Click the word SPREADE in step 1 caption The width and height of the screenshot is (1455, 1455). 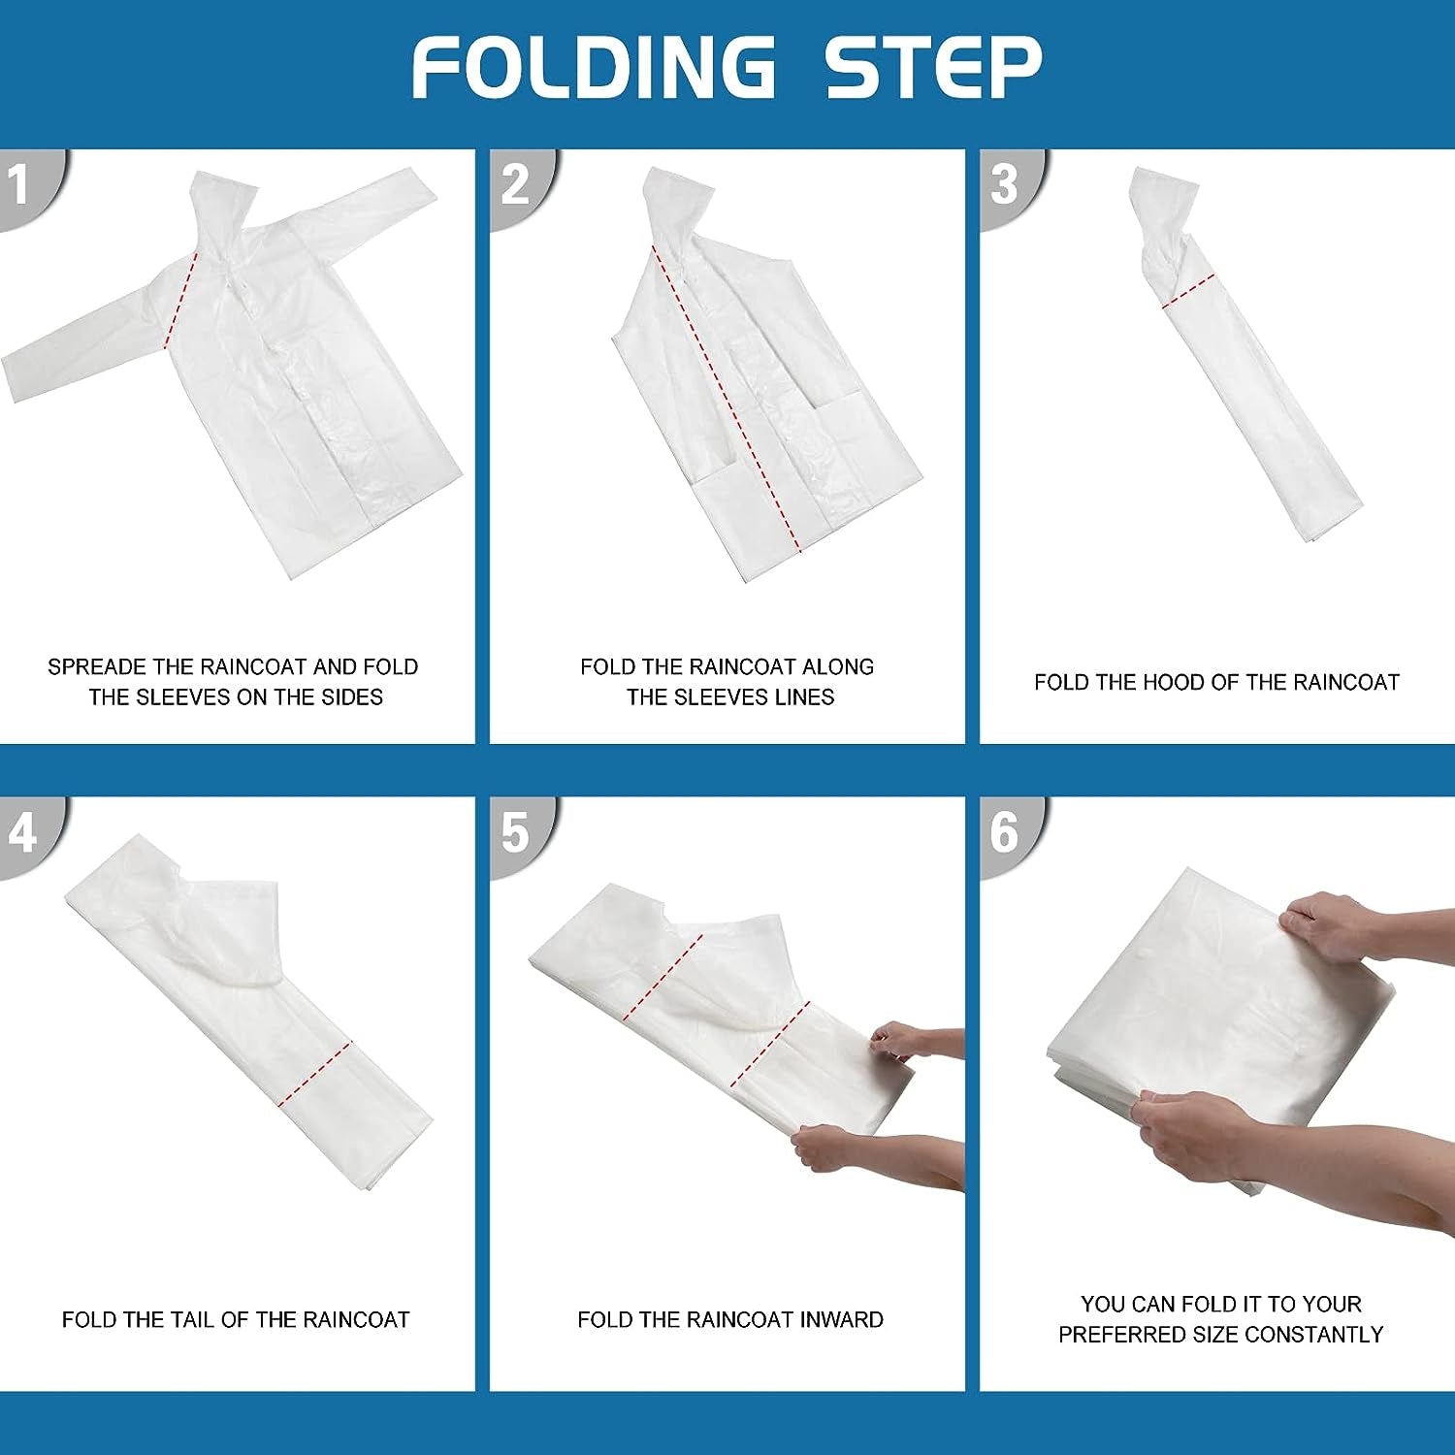(97, 667)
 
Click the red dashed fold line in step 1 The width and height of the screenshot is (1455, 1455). (181, 298)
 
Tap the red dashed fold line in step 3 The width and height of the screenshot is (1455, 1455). (1188, 292)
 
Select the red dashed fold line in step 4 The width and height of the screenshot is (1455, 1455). (314, 1075)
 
